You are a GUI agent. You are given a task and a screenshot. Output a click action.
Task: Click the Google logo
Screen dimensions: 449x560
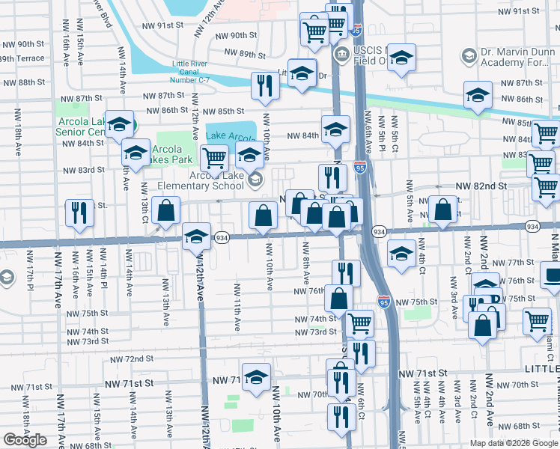(x=25, y=440)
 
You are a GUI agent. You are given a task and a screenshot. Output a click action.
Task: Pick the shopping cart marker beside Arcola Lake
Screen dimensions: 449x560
(x=215, y=158)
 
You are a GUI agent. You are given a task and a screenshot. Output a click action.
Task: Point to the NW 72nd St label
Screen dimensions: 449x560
(x=134, y=359)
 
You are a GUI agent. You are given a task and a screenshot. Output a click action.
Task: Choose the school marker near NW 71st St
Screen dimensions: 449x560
(x=256, y=376)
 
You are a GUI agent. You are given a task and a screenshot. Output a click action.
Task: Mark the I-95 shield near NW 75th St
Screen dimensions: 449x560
(x=384, y=302)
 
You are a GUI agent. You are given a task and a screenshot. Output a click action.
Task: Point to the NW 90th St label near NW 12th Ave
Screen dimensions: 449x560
(x=233, y=35)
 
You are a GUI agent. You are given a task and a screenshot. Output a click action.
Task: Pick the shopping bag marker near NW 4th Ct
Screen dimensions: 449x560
(x=443, y=211)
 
